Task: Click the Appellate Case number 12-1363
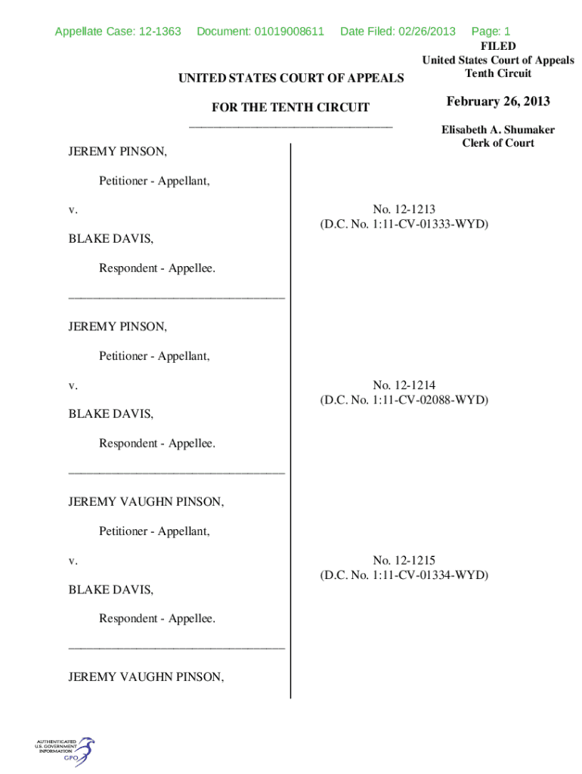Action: pos(118,31)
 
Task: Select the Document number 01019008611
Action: pos(260,31)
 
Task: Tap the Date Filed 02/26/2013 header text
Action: pos(398,31)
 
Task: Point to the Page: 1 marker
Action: pos(491,31)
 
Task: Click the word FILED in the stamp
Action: pos(498,46)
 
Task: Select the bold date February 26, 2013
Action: pos(498,101)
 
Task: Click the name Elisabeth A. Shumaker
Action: pos(498,129)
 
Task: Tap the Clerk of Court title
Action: pos(498,143)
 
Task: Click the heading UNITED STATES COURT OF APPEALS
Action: pos(290,78)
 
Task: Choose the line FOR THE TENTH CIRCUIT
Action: pos(290,107)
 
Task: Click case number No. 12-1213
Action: pos(404,209)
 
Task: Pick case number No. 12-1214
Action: pos(404,385)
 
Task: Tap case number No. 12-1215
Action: pos(404,560)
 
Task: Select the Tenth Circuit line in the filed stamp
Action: pos(498,73)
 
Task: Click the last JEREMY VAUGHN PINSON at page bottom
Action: pos(146,677)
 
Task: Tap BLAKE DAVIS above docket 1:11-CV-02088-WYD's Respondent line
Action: pos(111,414)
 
